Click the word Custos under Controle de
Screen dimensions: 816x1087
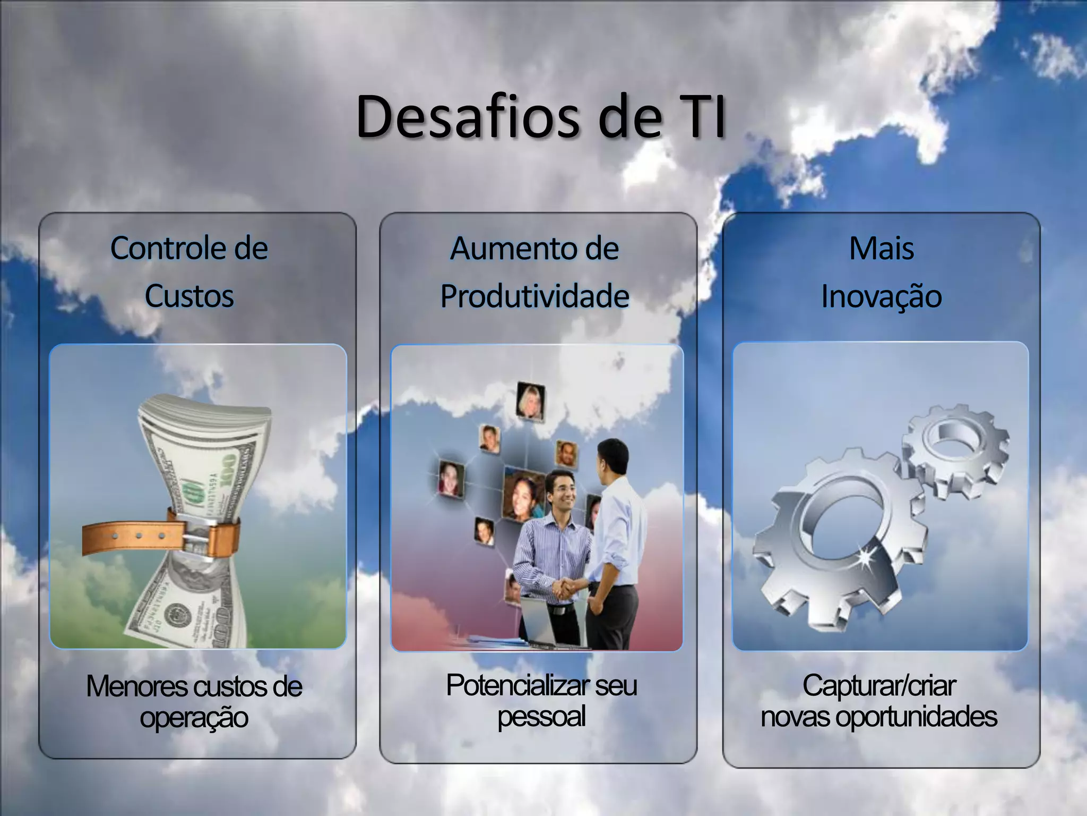pyautogui.click(x=189, y=296)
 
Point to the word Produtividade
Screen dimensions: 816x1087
pyautogui.click(x=534, y=296)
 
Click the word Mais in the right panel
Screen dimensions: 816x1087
pyautogui.click(x=882, y=248)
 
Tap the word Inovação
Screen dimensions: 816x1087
pyautogui.click(x=882, y=296)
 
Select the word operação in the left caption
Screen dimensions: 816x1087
pyautogui.click(x=194, y=718)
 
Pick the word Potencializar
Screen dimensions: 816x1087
pyautogui.click(x=517, y=685)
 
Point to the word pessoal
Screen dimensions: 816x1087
pyautogui.click(x=541, y=716)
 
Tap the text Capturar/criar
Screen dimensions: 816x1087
pyautogui.click(x=879, y=685)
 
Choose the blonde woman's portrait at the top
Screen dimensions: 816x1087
pyautogui.click(x=530, y=402)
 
